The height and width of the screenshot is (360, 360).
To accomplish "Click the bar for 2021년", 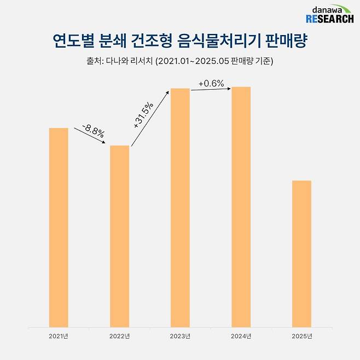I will click(x=59, y=227).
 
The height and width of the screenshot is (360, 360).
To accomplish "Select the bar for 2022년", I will click(x=119, y=236).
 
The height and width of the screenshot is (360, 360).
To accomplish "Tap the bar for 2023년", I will click(x=180, y=207).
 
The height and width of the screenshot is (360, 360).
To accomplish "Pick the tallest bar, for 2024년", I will click(x=241, y=206).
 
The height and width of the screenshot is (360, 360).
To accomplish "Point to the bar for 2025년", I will click(x=301, y=253).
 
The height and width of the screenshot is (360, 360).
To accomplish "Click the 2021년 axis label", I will click(x=59, y=335).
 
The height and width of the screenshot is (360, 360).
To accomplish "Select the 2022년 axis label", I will click(x=119, y=335).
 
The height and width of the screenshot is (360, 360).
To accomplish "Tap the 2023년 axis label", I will click(x=180, y=335).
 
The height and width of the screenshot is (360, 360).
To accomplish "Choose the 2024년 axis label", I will click(x=241, y=335).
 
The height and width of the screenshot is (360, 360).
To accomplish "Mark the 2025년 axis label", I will click(x=301, y=335).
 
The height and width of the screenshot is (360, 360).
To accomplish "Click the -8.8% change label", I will click(x=93, y=131).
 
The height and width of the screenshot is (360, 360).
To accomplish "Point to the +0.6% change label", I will click(x=211, y=83).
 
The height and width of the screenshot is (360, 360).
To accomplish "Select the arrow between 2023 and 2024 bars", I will click(x=211, y=90).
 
